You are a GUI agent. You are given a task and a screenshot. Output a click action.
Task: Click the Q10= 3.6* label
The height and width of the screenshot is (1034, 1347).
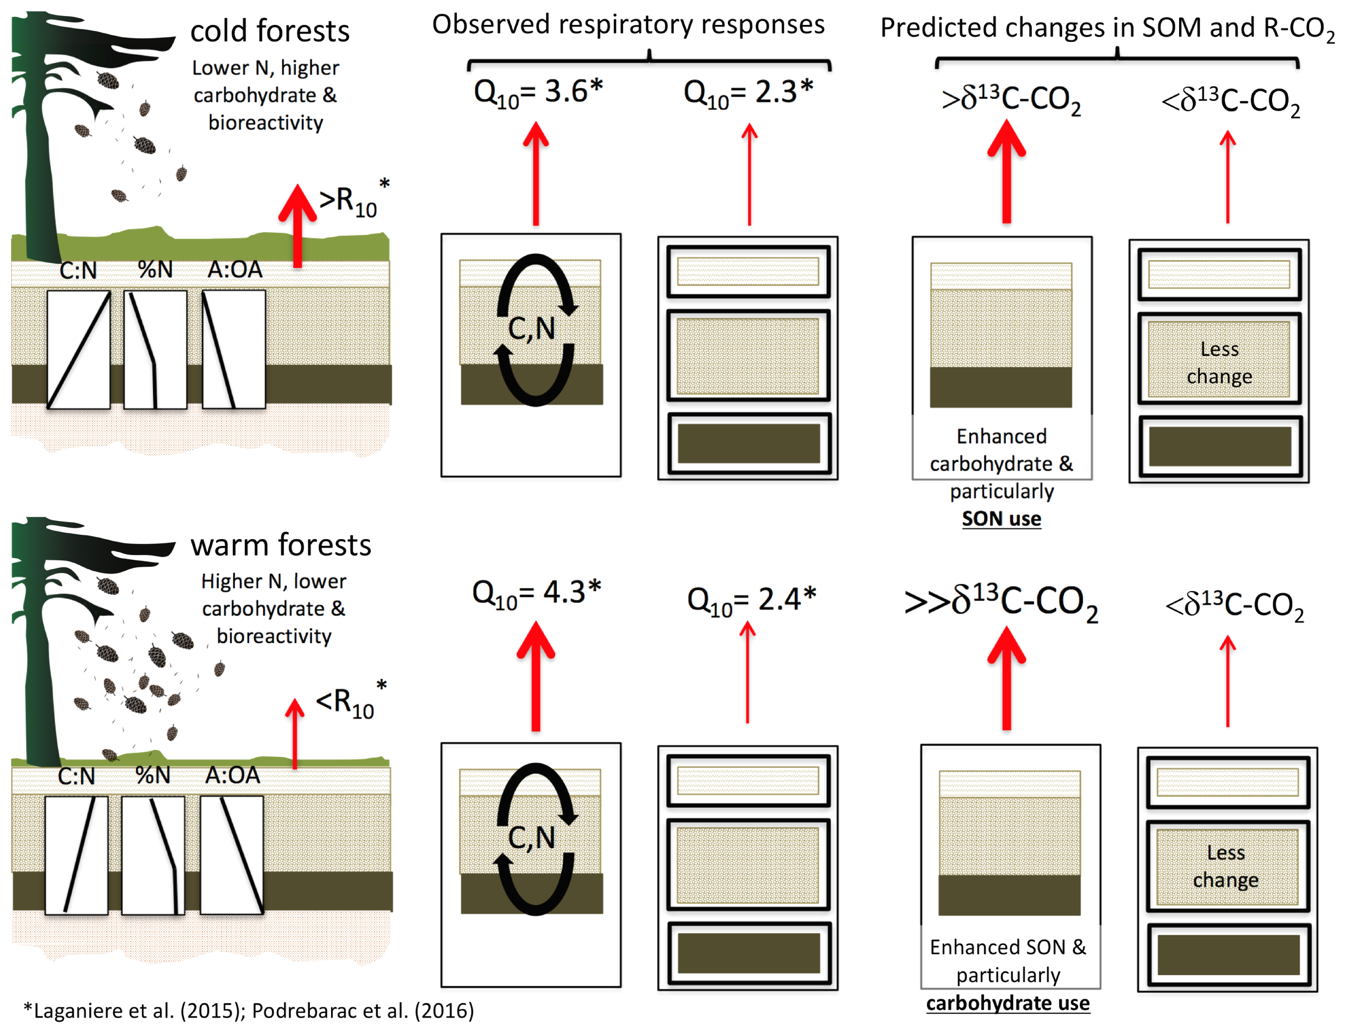tap(537, 93)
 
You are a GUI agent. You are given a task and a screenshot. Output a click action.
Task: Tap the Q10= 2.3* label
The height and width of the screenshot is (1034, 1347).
tap(748, 93)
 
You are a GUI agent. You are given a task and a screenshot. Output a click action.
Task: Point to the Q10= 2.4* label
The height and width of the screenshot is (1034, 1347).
tap(751, 600)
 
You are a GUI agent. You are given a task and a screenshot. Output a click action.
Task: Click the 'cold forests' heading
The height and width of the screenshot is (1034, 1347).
tap(269, 31)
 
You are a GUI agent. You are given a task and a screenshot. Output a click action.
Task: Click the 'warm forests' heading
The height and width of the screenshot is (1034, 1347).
tap(281, 545)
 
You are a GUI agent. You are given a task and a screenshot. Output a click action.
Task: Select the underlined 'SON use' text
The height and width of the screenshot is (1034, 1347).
tap(1002, 519)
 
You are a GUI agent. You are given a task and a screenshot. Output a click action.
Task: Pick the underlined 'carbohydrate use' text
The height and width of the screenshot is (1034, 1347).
tap(1008, 1004)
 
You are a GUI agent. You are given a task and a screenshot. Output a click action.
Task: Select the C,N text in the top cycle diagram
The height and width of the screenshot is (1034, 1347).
tap(531, 329)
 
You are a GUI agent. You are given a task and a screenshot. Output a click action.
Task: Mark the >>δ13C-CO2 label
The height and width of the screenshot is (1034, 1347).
tap(1001, 602)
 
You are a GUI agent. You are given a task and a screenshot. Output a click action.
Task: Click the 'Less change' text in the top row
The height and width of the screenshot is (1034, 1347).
tap(1219, 363)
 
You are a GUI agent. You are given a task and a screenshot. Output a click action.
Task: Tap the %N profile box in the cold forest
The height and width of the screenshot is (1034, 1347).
tap(155, 349)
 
